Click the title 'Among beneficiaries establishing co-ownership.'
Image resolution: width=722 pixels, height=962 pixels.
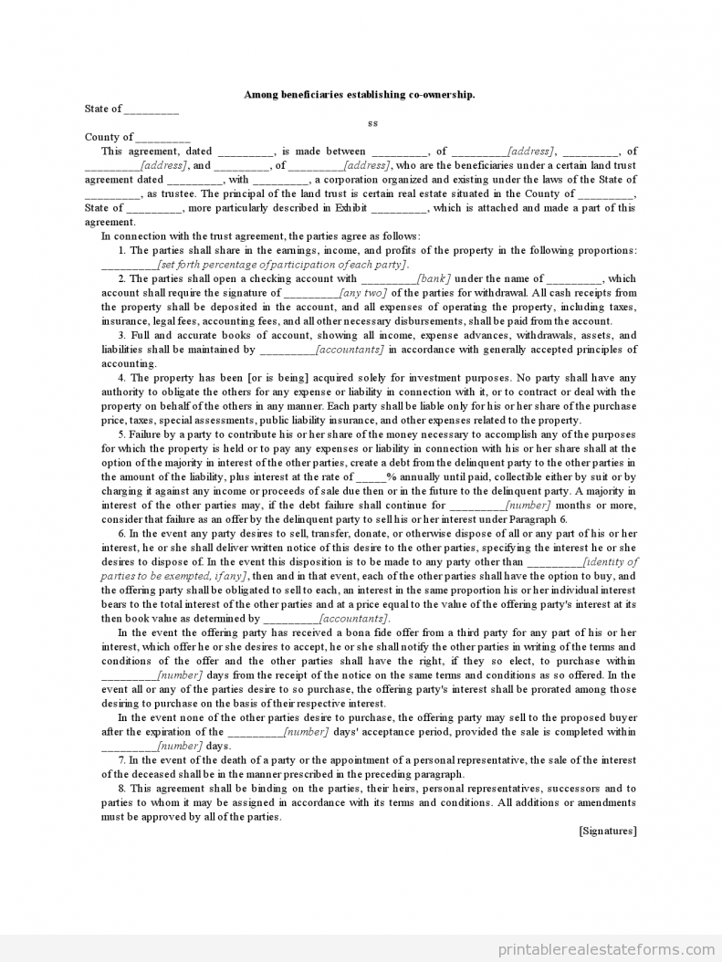[360, 94]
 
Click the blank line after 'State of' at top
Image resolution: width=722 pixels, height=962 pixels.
[152, 110]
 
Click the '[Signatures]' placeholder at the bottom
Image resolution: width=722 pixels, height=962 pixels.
[607, 831]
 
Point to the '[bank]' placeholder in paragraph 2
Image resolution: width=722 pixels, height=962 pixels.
[434, 278]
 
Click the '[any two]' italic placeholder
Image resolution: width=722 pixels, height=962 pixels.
[363, 293]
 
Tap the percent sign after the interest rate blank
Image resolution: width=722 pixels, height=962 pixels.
[391, 476]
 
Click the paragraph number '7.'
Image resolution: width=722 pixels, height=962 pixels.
[122, 759]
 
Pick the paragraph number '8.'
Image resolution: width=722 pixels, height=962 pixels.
[122, 788]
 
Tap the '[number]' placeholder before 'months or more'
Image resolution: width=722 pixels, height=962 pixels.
[528, 505]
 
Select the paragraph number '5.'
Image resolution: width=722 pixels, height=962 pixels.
[122, 434]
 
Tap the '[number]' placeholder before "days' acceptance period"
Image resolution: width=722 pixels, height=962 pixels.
[307, 731]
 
